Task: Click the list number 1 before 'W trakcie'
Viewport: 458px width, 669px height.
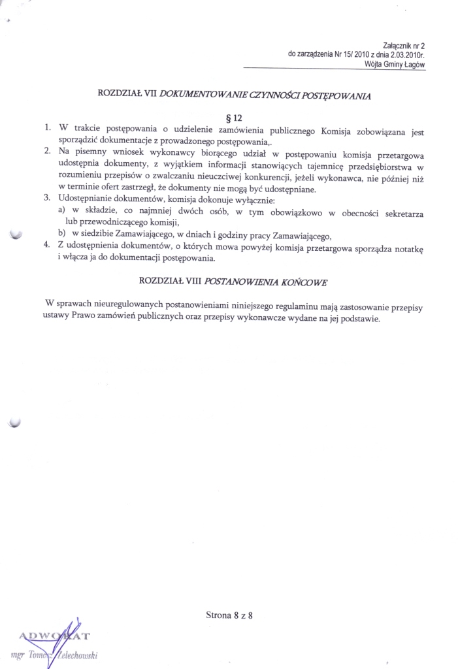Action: (x=48, y=131)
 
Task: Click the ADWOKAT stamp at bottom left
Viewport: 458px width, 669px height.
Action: (x=56, y=636)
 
